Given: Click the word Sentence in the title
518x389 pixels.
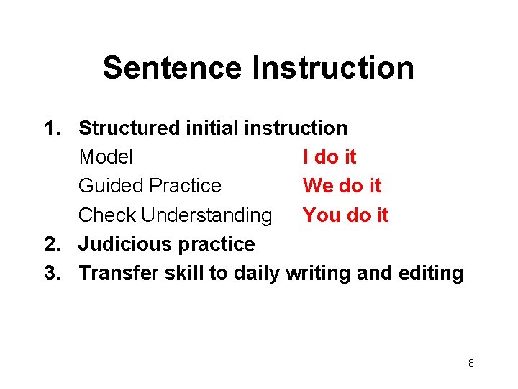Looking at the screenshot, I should (173, 68).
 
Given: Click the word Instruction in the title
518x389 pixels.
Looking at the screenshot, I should (333, 68).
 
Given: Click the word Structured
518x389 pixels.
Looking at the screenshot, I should (129, 128).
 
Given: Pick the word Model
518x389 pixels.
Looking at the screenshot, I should (106, 157).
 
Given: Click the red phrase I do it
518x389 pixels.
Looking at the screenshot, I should (330, 157).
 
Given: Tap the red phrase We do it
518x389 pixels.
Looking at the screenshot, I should (342, 186).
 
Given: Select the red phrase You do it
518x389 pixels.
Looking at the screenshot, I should (345, 215).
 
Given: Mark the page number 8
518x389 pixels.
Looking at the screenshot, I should (471, 363).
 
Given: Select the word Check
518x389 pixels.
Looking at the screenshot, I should (108, 215).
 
